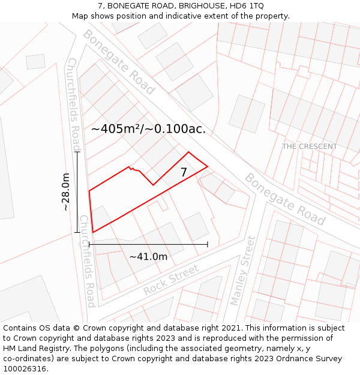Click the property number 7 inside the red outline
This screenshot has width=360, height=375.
[x=184, y=172]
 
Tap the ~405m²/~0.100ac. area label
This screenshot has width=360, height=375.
[x=148, y=128]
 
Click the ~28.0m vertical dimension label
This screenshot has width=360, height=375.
[x=66, y=192]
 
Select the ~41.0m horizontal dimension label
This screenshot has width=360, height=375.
[x=148, y=256]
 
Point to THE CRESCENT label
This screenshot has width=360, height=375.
[x=310, y=146]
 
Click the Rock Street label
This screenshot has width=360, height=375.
[x=171, y=280]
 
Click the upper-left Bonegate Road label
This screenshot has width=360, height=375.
[x=119, y=62]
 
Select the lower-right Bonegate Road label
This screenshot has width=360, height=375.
[x=285, y=199]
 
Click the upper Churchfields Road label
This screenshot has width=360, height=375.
[x=74, y=106]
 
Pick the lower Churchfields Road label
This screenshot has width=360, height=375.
[x=88, y=261]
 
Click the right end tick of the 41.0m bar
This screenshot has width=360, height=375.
[x=208, y=244]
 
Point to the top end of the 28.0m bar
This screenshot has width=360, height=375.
[x=77, y=152]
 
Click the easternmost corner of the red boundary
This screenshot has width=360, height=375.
[x=208, y=166]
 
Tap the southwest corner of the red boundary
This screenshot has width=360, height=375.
[x=93, y=232]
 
